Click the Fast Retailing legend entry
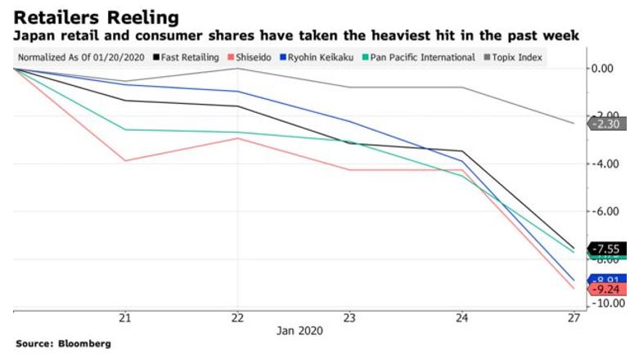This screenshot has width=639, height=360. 186,57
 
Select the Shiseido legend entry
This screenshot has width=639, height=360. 256,57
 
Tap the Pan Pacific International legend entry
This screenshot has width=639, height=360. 424,57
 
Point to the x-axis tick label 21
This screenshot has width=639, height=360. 125,317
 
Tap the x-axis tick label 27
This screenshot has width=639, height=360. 574,317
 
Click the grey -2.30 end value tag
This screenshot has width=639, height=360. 608,124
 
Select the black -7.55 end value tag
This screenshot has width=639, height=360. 609,249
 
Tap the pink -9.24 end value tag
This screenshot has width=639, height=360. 609,289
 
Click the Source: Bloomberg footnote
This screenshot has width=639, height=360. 63,344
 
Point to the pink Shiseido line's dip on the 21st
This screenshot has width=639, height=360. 125,160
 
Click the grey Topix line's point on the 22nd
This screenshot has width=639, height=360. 237,69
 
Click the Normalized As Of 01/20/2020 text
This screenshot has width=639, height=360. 80,57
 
